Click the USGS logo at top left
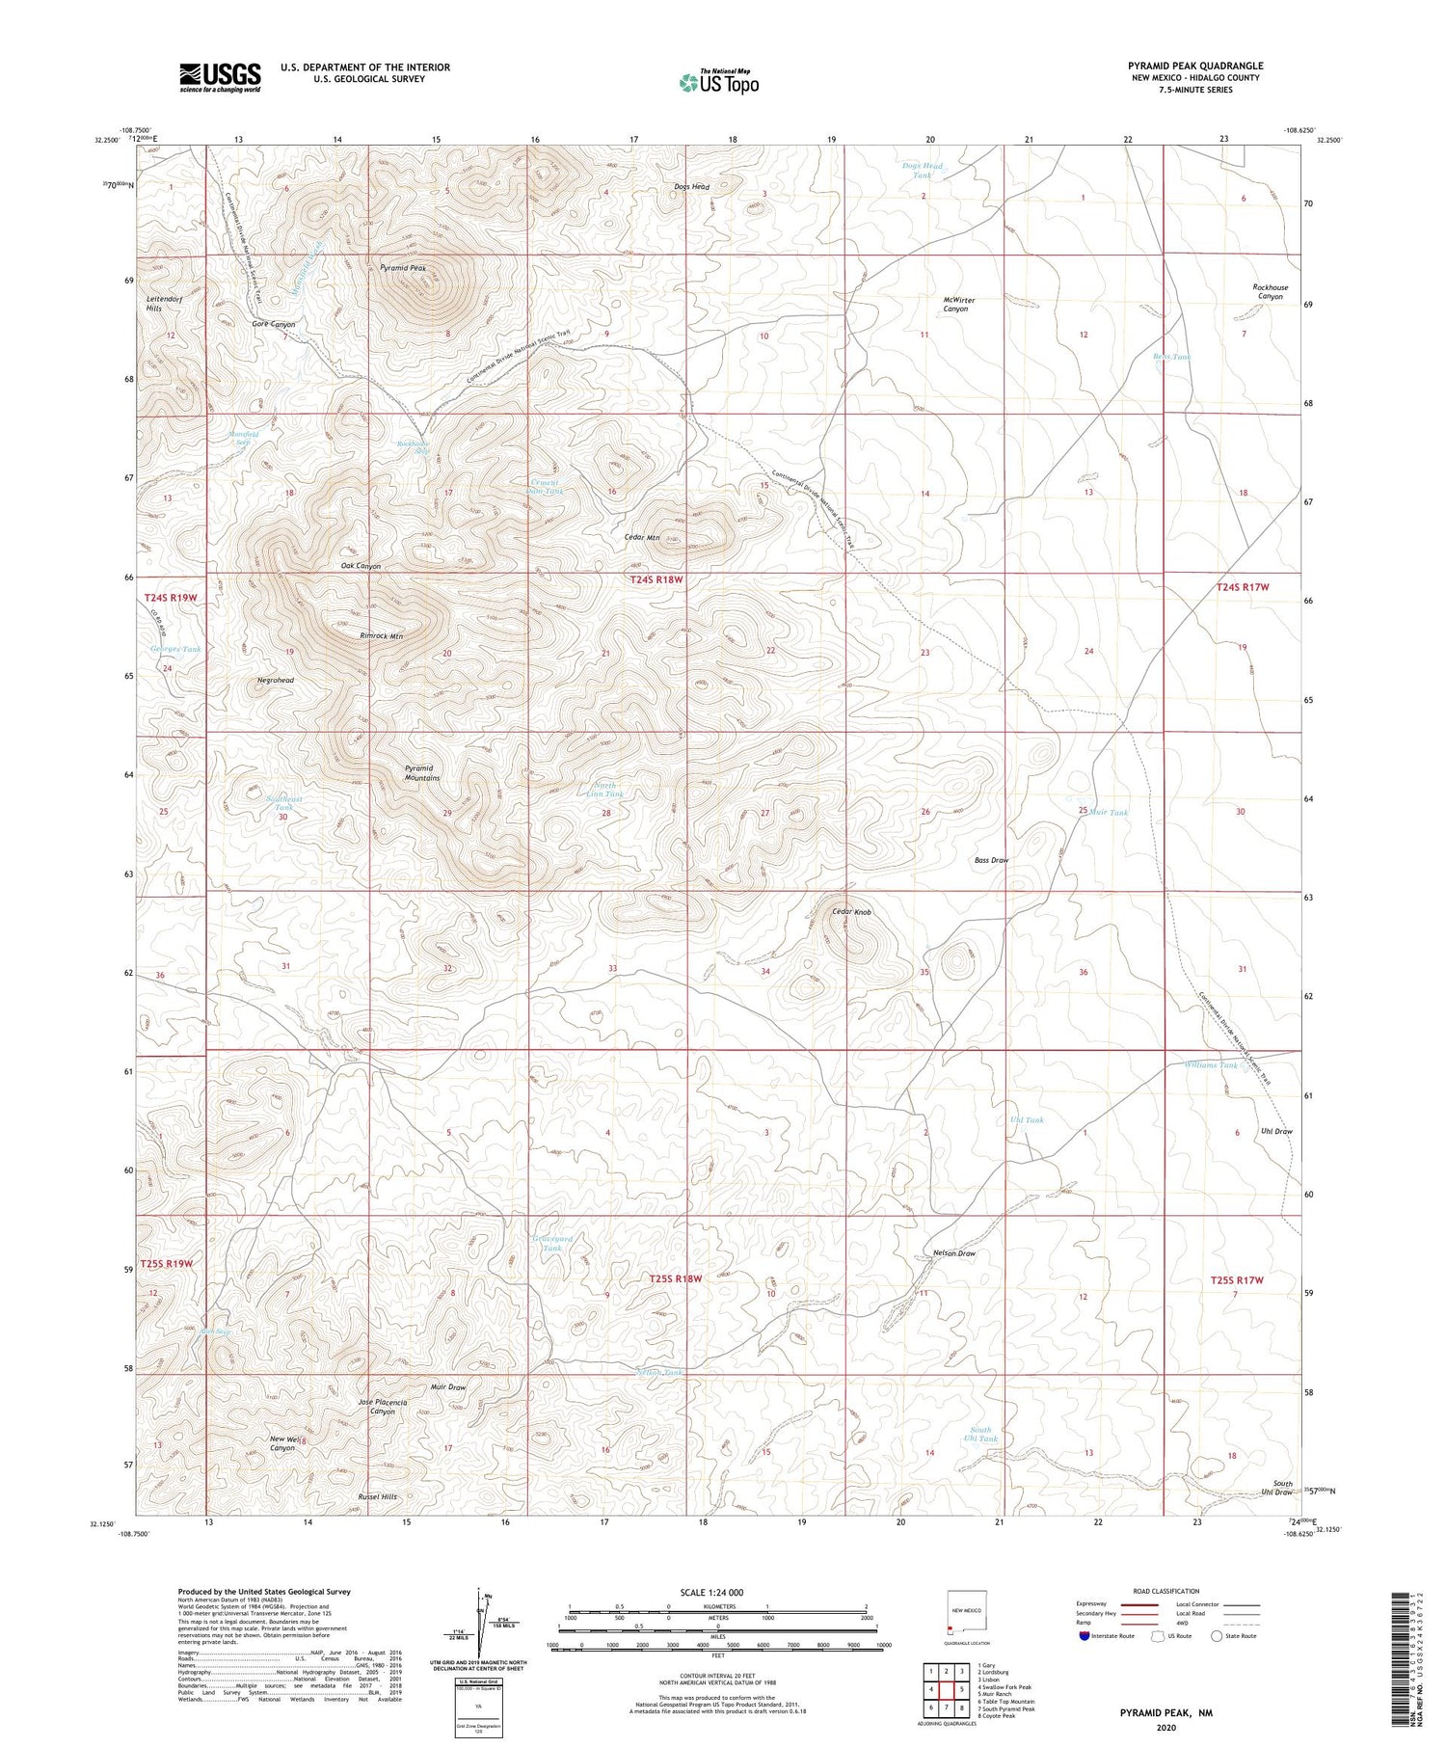point(220,77)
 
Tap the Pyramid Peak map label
point(403,268)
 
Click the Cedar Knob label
point(851,912)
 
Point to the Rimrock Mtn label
point(381,636)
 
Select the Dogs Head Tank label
point(923,171)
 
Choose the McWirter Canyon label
point(959,305)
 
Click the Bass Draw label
point(991,860)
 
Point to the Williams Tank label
point(1211,1065)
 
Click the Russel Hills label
point(378,1497)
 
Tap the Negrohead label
point(276,681)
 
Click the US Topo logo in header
point(718,83)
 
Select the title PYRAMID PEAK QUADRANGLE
point(1195,66)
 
